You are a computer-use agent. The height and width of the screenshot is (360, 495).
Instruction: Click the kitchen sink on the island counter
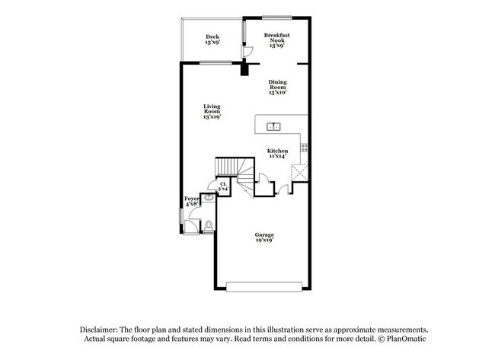273,127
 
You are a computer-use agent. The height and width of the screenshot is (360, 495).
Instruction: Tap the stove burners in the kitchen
305,148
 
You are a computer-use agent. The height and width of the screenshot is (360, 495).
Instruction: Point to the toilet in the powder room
208,227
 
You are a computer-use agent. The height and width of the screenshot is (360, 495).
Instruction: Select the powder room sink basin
209,198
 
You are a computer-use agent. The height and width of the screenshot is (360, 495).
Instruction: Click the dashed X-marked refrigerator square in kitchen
299,173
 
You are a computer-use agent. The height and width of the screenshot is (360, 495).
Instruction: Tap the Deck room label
212,37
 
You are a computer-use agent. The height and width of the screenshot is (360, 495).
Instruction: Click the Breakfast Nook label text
277,37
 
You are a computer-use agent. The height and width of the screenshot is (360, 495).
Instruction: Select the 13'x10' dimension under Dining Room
277,92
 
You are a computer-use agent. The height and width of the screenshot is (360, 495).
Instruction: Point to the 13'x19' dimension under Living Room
212,116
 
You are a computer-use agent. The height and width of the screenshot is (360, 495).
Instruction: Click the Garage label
264,234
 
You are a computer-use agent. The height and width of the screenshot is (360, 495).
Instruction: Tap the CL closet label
223,184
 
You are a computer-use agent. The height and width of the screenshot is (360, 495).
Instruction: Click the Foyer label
192,199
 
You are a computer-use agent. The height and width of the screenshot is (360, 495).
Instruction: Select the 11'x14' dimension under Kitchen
277,156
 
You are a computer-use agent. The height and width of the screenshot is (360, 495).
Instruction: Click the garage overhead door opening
264,287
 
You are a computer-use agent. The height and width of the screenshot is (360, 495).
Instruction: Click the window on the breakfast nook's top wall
277,18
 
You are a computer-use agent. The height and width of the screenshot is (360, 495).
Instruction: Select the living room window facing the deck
216,62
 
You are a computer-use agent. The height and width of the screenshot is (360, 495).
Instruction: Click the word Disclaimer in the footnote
99,330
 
